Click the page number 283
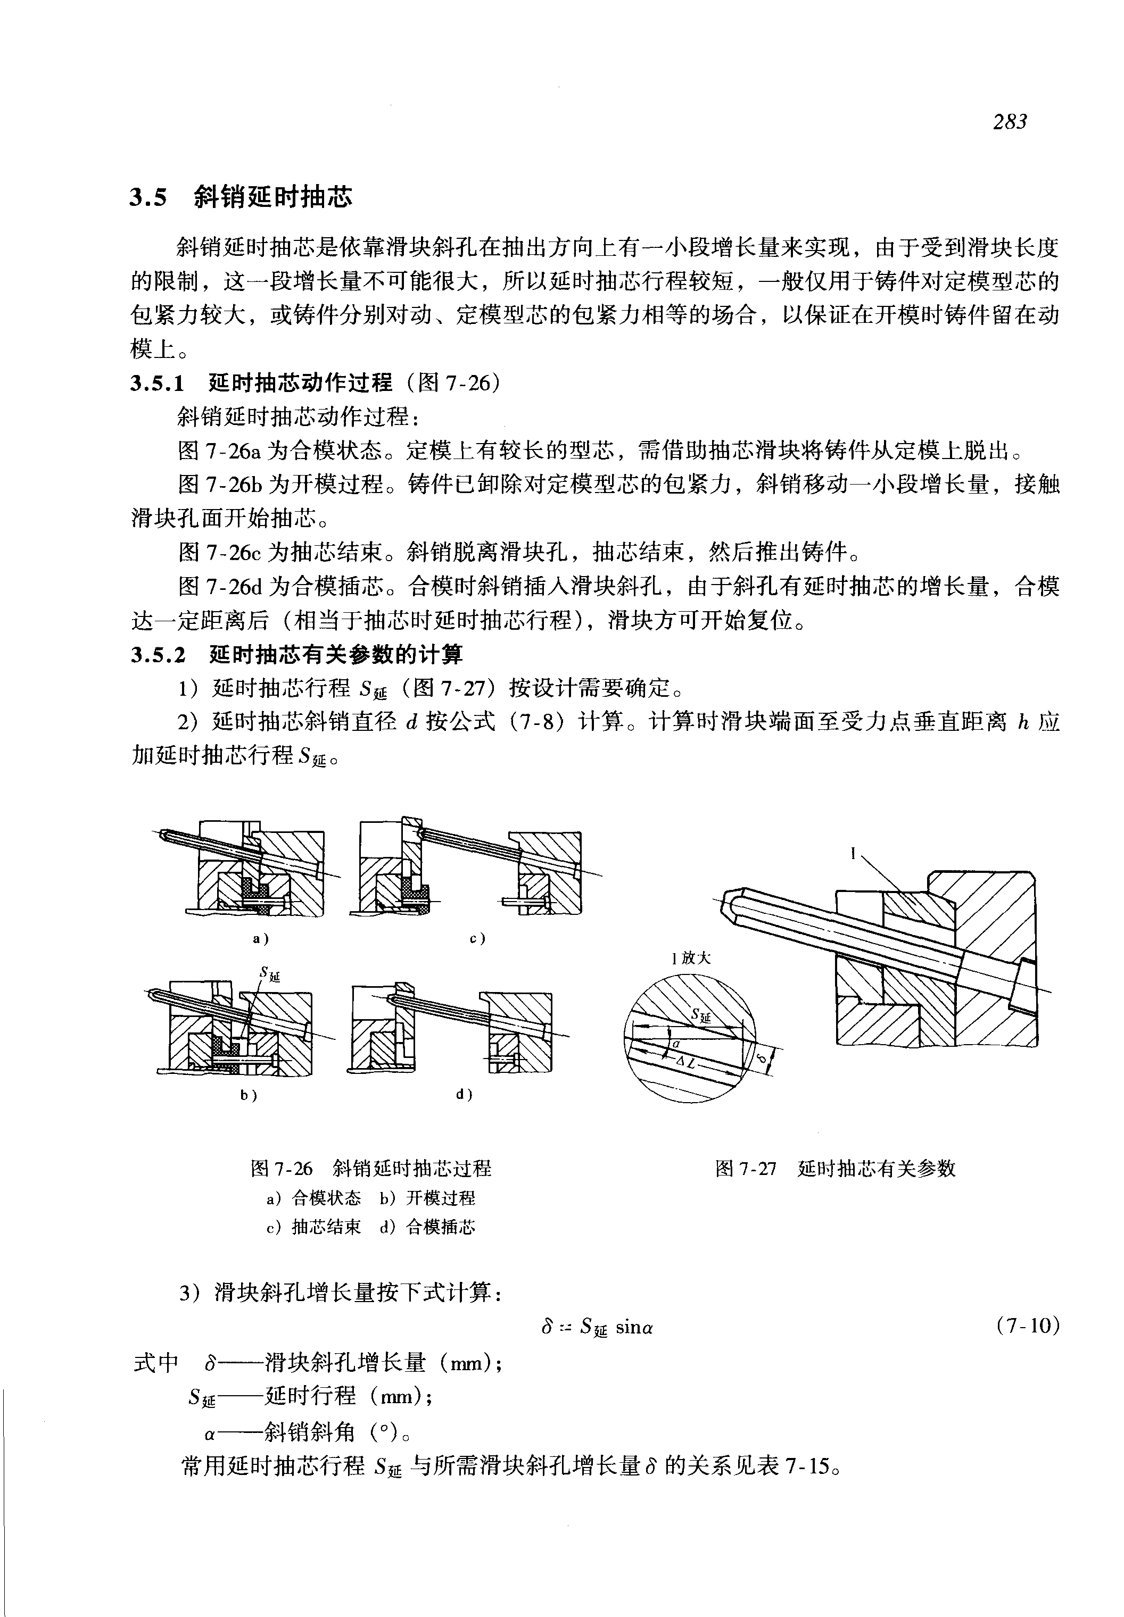pyautogui.click(x=1010, y=122)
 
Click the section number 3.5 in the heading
pyautogui.click(x=148, y=198)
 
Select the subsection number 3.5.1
pyautogui.click(x=157, y=384)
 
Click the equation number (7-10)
pyautogui.click(x=1028, y=1326)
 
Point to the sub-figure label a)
pyautogui.click(x=261, y=938)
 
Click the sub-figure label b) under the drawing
pyautogui.click(x=249, y=1095)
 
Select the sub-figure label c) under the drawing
pyautogui.click(x=477, y=938)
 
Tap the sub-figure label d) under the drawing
pyautogui.click(x=464, y=1095)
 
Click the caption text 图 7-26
pyautogui.click(x=281, y=1169)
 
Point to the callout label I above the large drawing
pyautogui.click(x=853, y=854)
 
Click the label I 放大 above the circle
pyautogui.click(x=691, y=958)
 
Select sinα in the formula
pyautogui.click(x=634, y=1328)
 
